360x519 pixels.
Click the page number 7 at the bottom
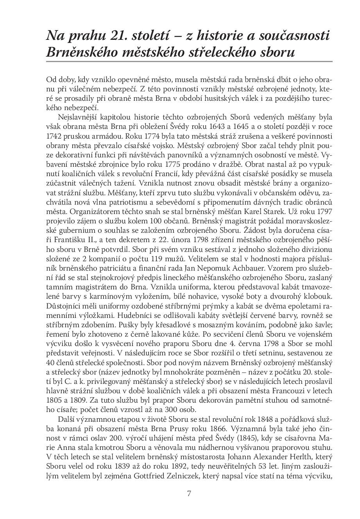pos(189,493)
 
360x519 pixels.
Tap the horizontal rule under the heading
pos(189,62)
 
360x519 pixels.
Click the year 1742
pos(52,137)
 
